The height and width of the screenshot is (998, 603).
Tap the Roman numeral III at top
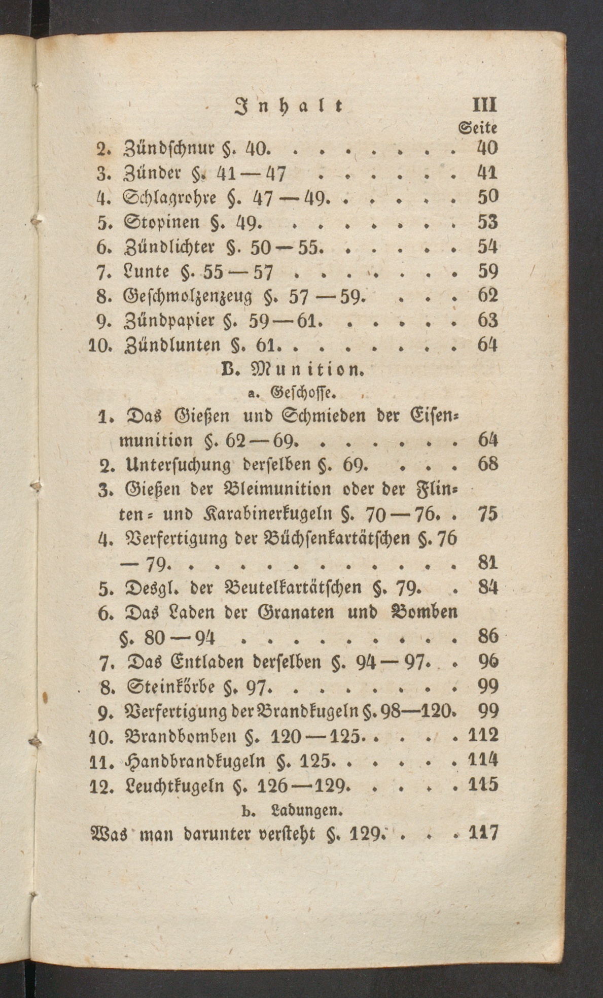click(x=484, y=105)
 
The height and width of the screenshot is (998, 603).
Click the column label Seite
click(x=478, y=127)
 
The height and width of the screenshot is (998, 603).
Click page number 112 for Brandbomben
click(x=483, y=735)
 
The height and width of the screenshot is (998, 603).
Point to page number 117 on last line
click(x=484, y=833)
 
